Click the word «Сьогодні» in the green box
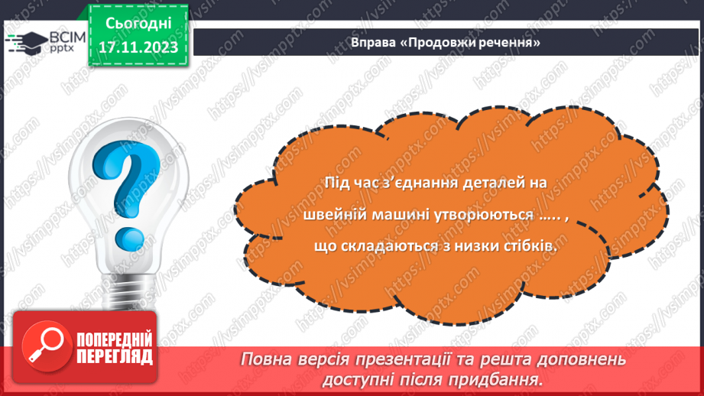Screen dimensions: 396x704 click(138, 26)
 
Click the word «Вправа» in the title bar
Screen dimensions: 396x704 click(373, 43)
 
